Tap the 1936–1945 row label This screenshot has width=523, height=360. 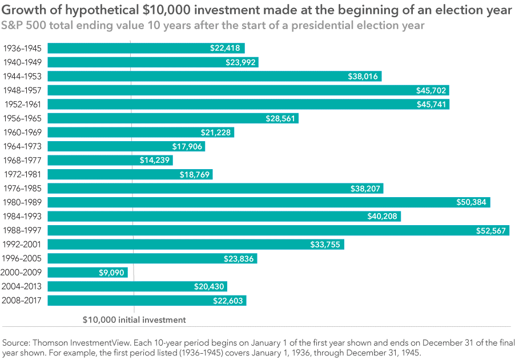click(23, 49)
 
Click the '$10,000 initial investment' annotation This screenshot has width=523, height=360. click(134, 320)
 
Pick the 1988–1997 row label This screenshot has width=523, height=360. click(23, 230)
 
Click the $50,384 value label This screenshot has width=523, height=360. click(472, 202)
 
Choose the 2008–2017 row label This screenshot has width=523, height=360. click(23, 301)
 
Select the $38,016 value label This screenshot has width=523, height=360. click(363, 77)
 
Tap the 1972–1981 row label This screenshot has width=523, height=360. click(23, 174)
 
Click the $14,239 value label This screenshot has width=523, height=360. click(155, 161)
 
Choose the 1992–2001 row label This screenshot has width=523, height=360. click(23, 245)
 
